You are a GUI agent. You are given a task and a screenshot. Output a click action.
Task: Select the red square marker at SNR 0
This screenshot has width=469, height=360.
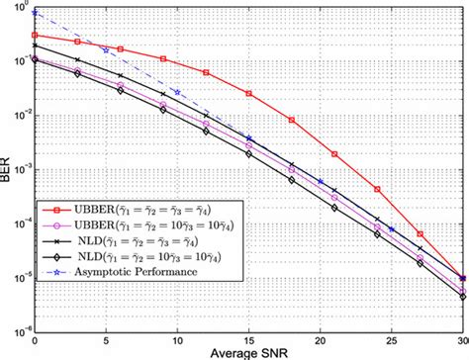click(35, 35)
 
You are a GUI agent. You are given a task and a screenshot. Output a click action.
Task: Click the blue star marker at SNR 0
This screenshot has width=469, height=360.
click(35, 13)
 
